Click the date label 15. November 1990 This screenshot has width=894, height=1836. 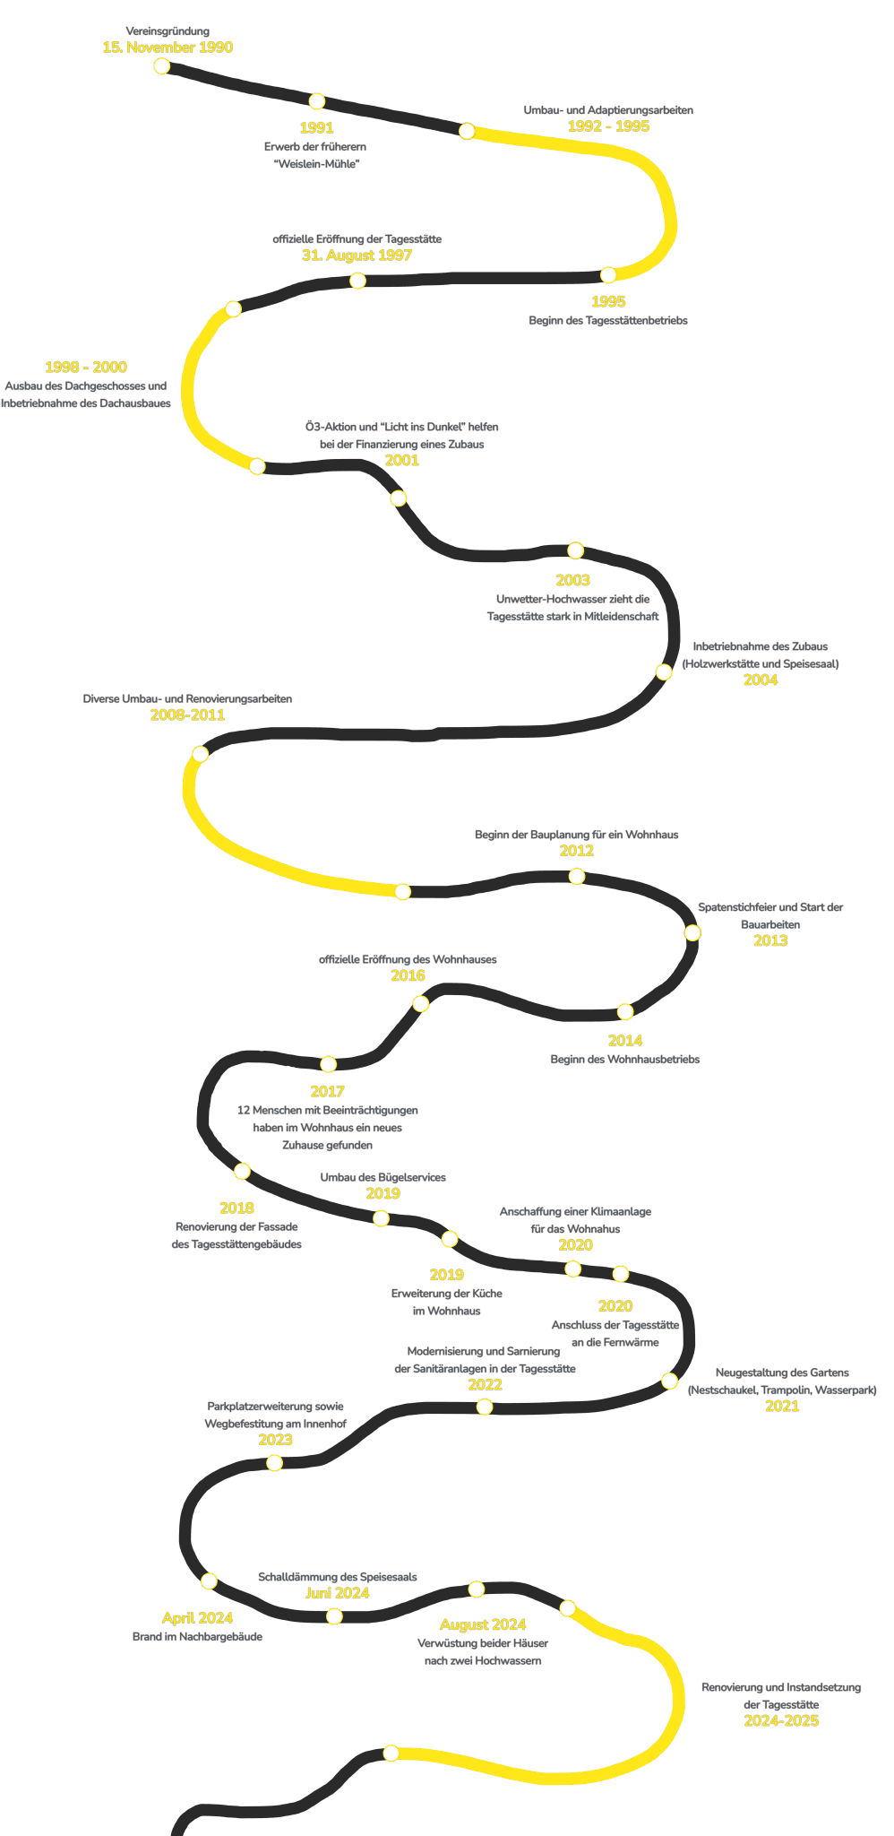(168, 48)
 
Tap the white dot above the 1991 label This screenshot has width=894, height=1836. (316, 101)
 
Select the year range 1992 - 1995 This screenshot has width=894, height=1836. (608, 126)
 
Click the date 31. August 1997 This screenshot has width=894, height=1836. (357, 255)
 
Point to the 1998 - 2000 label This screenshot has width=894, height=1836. (86, 368)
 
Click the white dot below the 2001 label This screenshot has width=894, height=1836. (399, 498)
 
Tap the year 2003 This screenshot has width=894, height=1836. (572, 581)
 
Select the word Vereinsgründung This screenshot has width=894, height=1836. (168, 31)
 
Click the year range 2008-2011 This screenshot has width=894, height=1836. (187, 715)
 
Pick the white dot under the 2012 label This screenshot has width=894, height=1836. (577, 876)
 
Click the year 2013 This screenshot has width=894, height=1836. (770, 941)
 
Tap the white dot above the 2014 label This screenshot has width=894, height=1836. (625, 1012)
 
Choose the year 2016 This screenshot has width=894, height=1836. (408, 976)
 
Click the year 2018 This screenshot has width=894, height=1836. (236, 1208)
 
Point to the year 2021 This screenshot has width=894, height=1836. (782, 1406)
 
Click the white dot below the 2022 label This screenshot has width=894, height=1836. (485, 1407)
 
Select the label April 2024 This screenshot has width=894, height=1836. (197, 1618)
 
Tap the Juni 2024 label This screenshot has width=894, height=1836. (337, 1593)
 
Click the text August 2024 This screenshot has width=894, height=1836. (483, 1624)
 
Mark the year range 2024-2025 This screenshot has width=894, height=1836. (781, 1721)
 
